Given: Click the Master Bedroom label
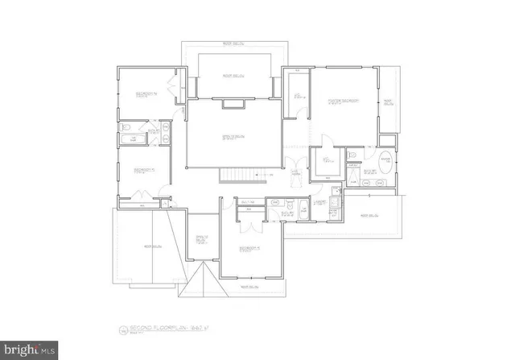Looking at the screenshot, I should point(344,100).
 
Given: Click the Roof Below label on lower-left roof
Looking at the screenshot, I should point(150,246).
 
